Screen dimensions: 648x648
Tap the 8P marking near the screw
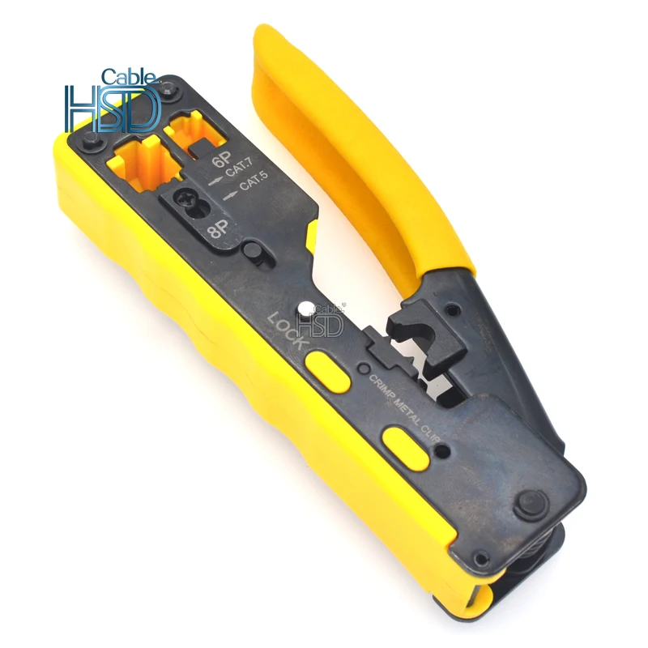point(219,228)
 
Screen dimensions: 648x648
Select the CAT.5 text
point(254,180)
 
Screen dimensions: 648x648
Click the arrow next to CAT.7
point(215,181)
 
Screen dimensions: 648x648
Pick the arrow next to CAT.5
point(231,195)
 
